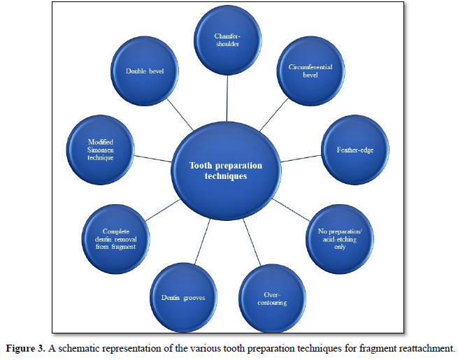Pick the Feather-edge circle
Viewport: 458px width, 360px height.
353,149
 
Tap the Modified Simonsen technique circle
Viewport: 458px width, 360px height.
101,150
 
